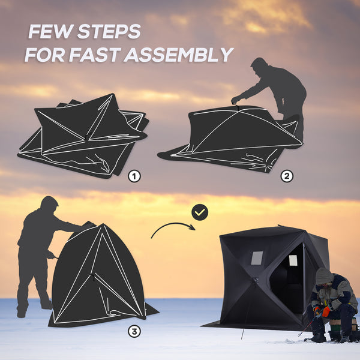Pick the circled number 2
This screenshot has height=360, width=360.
click(x=287, y=176)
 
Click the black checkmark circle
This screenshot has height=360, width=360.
click(x=200, y=212)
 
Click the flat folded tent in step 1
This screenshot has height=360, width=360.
click(x=84, y=137)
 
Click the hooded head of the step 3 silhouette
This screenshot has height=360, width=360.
click(x=49, y=204)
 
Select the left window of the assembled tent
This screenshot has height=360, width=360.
click(x=256, y=258)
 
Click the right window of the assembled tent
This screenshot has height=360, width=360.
click(x=293, y=260)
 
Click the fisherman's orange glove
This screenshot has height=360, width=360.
click(x=325, y=311)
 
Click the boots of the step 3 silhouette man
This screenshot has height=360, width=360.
click(x=34, y=308)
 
